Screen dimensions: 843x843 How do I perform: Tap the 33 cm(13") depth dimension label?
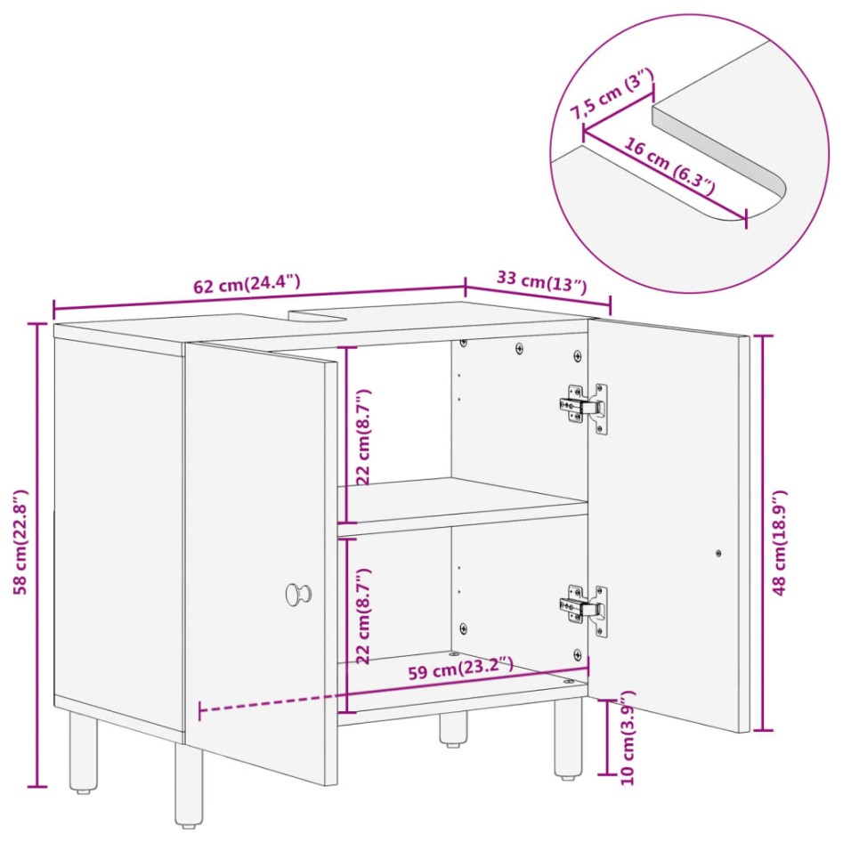pos(541,280)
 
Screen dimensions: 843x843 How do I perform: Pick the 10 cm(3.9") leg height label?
pos(627,736)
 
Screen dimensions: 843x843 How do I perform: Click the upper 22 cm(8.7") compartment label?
pos(363,436)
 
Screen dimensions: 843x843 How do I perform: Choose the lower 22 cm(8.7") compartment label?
pos(363,614)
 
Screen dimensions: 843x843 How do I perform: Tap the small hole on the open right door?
pos(718,553)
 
